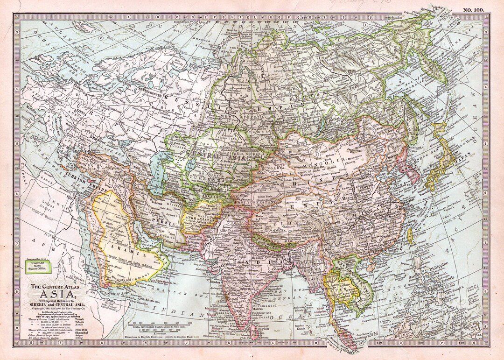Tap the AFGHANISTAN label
[x=199, y=218]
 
